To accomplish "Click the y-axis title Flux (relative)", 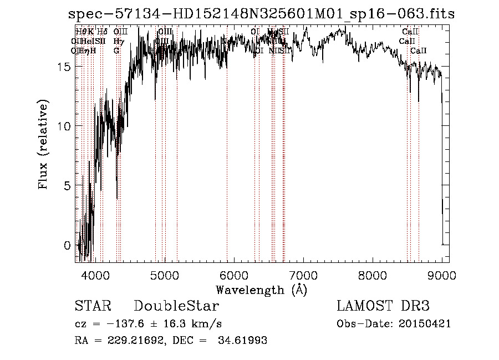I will click(x=43, y=145).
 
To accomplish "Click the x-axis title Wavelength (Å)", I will click(x=261, y=289).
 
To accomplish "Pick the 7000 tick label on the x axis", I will click(x=303, y=275).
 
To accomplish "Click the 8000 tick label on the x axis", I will click(x=373, y=275).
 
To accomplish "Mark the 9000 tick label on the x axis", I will click(x=442, y=275).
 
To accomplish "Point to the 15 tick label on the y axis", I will click(x=64, y=67).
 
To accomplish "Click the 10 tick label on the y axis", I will click(x=64, y=126).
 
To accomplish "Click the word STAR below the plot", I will click(x=93, y=306).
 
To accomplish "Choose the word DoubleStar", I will click(x=176, y=306).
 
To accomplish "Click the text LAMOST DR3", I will click(x=383, y=306).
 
